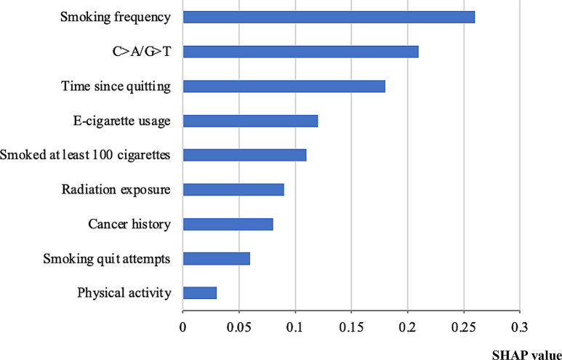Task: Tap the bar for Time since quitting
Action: [x=284, y=87]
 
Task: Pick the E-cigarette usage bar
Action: [x=250, y=121]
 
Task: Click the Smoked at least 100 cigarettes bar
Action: [x=244, y=155]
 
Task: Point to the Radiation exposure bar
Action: [x=233, y=190]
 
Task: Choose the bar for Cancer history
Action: [x=228, y=224]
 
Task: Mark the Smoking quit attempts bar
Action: [x=217, y=258]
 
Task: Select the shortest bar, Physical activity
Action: [x=200, y=293]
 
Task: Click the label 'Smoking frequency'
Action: [x=116, y=17]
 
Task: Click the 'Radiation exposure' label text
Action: [x=116, y=190]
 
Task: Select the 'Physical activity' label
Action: [x=124, y=293]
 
